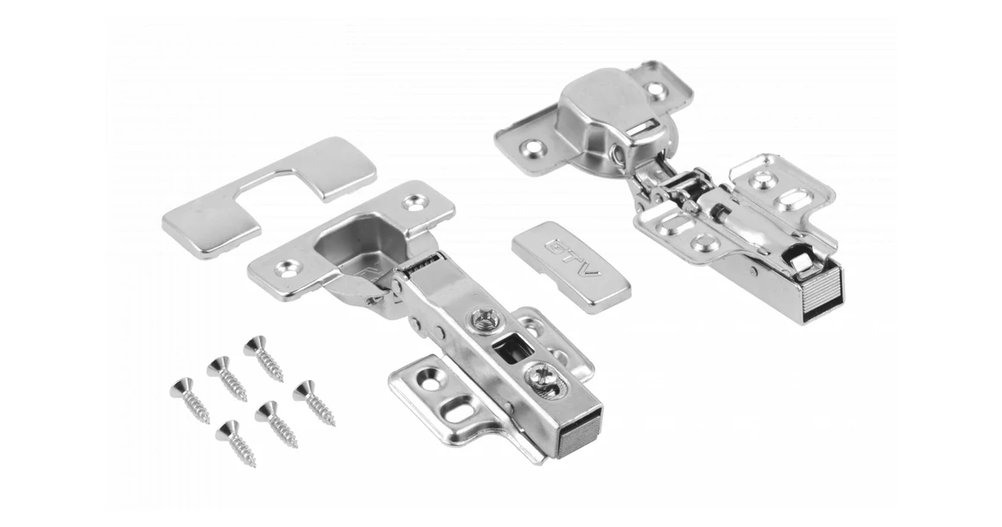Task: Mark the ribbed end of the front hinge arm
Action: coord(579,435)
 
